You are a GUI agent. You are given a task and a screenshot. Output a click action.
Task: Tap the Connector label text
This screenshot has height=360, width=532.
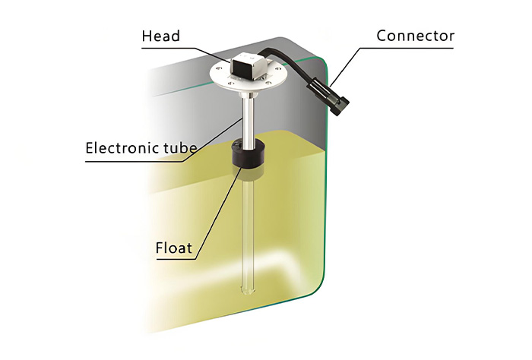point(415,36)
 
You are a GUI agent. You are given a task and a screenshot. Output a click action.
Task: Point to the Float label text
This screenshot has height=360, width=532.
point(178,248)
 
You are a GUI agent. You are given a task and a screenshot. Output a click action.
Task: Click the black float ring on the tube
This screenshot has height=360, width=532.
point(246,156)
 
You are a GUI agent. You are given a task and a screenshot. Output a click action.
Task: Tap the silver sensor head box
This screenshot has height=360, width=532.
point(247,67)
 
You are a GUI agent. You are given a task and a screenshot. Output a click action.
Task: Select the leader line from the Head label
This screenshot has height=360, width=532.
point(209,49)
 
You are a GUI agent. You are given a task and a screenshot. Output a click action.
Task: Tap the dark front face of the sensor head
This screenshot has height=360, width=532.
point(239,70)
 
